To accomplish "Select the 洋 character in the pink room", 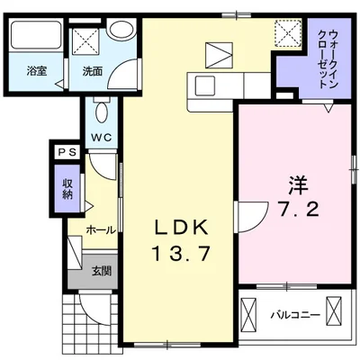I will (x=298, y=186).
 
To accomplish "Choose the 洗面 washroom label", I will (x=92, y=69).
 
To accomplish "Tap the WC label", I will (x=100, y=138).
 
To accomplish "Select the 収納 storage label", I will (x=67, y=189).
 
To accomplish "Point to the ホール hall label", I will (x=99, y=229).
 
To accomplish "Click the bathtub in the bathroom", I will (x=34, y=38).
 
